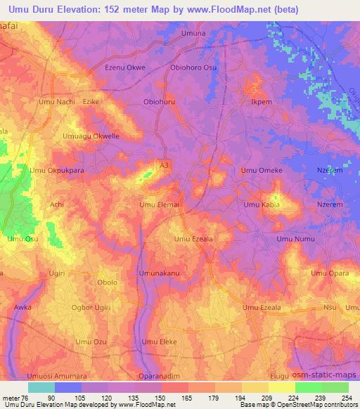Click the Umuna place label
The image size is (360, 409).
[193, 33]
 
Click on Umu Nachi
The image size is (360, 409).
[57, 102]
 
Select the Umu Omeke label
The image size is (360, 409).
[262, 170]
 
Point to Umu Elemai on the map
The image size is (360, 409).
[160, 204]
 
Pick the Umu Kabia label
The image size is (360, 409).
[261, 204]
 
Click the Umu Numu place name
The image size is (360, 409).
[295, 239]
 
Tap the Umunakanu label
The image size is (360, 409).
[160, 273]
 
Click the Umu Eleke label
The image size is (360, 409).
[159, 342]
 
